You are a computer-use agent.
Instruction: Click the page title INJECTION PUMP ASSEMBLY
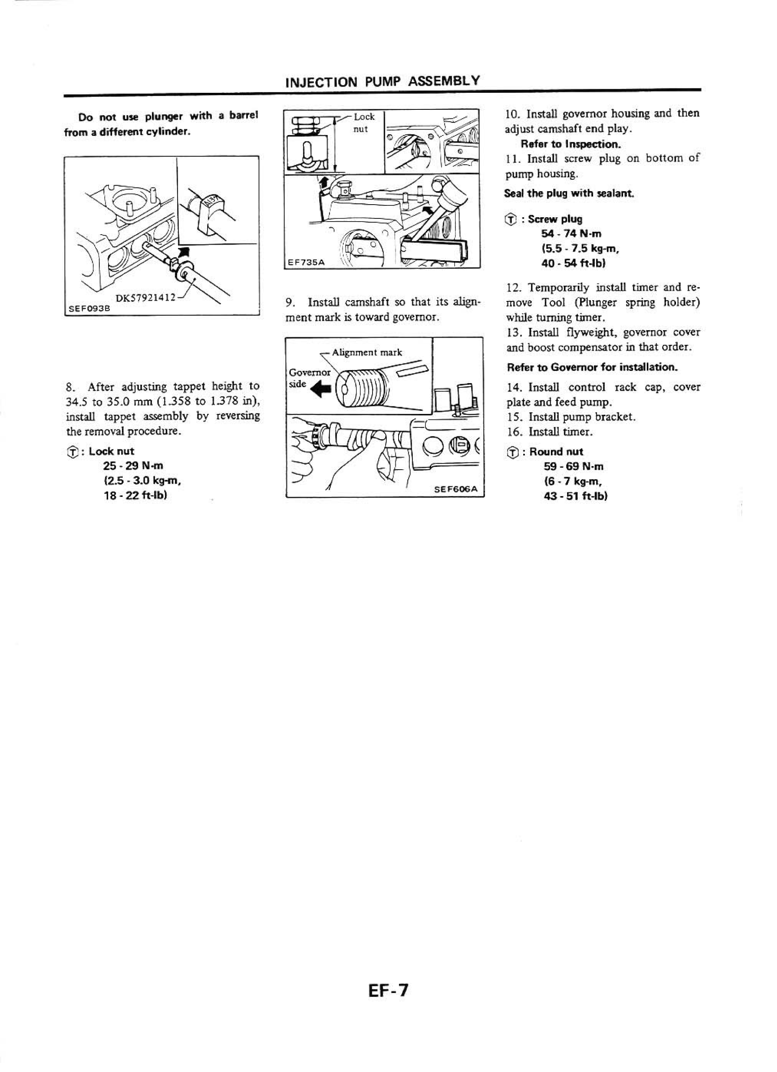tap(383, 81)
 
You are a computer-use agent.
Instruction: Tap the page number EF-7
tap(388, 989)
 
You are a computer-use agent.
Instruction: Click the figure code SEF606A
tap(456, 490)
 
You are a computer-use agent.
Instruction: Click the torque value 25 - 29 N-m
tap(133, 466)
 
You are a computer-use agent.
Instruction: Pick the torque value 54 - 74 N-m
tap(571, 233)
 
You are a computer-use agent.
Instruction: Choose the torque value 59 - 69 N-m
tap(573, 466)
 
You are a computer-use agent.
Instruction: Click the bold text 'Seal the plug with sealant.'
tap(569, 193)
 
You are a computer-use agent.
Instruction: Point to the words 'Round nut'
tap(556, 451)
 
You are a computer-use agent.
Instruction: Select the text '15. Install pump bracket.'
tap(571, 417)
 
